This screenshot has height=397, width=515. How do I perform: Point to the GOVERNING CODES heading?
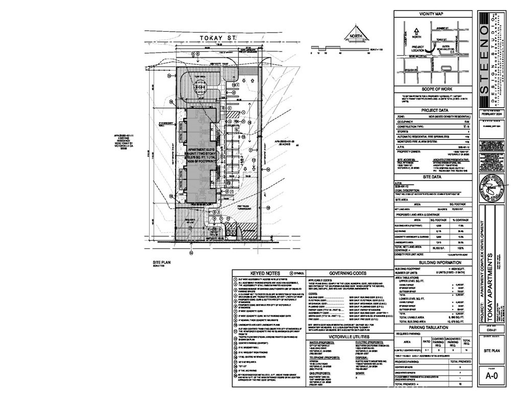pos(349,273)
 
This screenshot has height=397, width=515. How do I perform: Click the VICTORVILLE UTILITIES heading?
pos(349,337)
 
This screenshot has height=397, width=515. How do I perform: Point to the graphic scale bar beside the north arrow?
pos(340,50)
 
